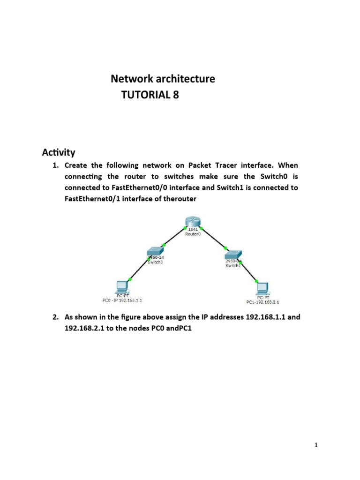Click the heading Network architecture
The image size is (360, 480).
pyautogui.click(x=163, y=79)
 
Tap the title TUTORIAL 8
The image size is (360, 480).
pyautogui.click(x=150, y=96)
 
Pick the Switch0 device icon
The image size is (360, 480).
pyautogui.click(x=155, y=252)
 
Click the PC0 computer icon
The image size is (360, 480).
pyautogui.click(x=123, y=285)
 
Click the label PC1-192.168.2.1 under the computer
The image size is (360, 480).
pyautogui.click(x=262, y=302)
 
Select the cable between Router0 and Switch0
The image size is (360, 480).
pyautogui.click(x=173, y=237)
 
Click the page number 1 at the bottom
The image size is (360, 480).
pyautogui.click(x=316, y=446)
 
